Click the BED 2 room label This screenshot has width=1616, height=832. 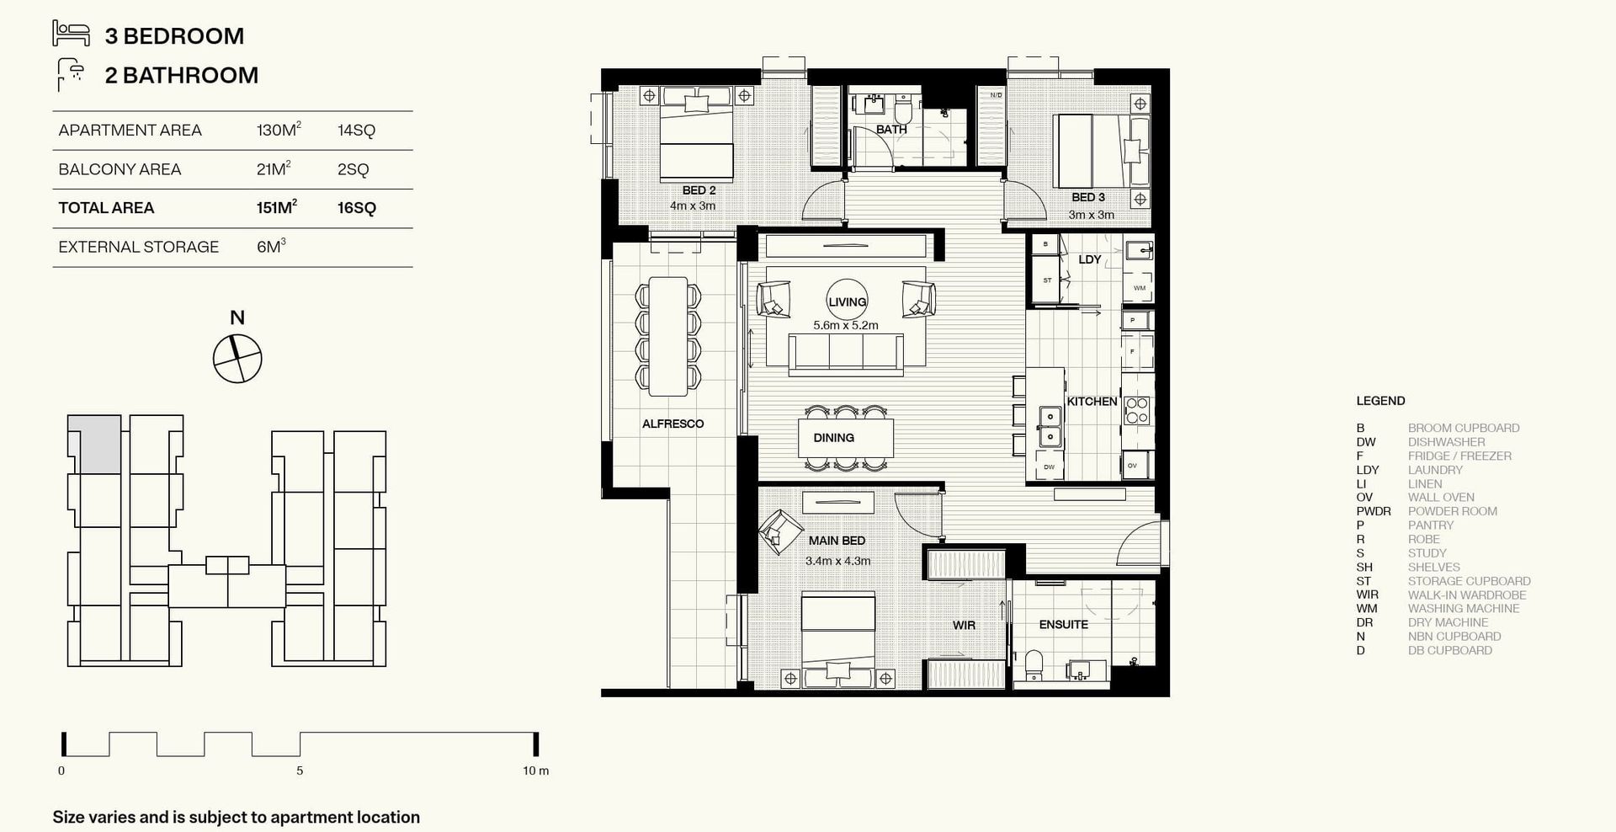coord(699,190)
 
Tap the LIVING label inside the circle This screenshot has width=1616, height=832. coord(847,301)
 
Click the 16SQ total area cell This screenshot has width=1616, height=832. coord(357,208)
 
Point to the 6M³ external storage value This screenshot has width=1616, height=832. coord(271,247)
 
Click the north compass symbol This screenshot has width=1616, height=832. coord(237,359)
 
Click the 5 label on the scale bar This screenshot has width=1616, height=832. coord(300,771)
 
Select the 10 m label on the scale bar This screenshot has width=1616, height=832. coord(535,771)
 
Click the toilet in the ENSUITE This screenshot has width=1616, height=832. coord(1034,664)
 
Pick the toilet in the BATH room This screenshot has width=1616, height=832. coord(903,110)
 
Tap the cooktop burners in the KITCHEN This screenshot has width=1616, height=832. coord(1136,410)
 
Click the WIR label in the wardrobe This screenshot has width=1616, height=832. coord(964,625)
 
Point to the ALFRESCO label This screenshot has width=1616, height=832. coord(672,424)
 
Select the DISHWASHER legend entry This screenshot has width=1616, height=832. coord(1446,441)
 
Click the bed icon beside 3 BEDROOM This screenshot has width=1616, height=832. coord(71,34)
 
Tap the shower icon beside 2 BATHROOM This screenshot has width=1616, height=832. coord(71,74)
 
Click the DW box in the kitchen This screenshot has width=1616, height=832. coord(1049,467)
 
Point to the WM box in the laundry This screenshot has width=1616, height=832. coord(1139,288)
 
